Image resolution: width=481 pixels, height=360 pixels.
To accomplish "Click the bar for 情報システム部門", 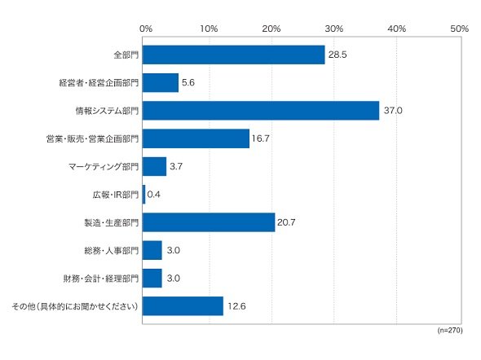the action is [261, 111].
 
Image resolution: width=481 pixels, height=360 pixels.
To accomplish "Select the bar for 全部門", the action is [233, 55].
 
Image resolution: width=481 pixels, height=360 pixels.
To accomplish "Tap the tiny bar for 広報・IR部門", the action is [143, 194].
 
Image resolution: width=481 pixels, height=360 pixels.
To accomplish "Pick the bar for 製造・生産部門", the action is [209, 222].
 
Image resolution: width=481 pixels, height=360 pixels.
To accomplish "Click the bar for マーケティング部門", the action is [154, 166].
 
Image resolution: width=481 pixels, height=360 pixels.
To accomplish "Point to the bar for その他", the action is [183, 306].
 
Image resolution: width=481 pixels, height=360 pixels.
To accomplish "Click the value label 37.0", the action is [393, 110].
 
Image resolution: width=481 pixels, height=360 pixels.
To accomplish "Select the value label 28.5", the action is [338, 55].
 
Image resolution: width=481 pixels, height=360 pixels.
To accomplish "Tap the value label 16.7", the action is [261, 138].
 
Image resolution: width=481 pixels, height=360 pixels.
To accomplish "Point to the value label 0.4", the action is [154, 194].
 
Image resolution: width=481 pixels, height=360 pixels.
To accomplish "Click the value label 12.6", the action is [236, 306].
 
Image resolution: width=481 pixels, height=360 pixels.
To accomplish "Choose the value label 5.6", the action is [188, 82].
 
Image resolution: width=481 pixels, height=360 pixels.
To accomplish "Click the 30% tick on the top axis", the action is [334, 29].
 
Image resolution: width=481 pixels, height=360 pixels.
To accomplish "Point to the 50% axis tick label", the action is [460, 29].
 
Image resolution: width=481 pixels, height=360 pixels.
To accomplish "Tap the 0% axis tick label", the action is [146, 29].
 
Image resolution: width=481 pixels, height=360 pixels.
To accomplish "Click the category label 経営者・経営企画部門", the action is [99, 83].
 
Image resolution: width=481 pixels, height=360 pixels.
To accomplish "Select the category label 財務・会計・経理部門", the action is [101, 279].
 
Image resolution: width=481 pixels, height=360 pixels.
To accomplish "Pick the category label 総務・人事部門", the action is [112, 251].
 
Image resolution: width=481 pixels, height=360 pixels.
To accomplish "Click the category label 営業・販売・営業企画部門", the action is [92, 138].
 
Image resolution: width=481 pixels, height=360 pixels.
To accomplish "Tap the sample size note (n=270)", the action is [450, 330].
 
